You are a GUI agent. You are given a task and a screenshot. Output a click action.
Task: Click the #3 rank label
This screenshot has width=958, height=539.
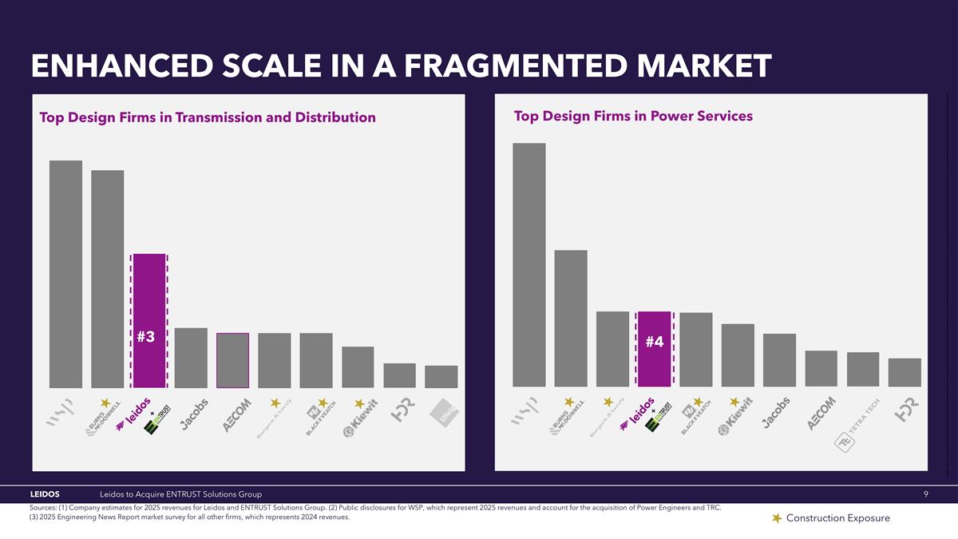coord(145,337)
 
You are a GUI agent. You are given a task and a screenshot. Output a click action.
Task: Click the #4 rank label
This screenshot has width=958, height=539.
coord(655,342)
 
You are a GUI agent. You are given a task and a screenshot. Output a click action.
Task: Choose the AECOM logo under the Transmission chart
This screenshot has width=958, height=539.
coord(237,415)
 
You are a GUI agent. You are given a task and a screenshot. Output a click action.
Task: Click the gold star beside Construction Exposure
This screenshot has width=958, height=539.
coord(776,519)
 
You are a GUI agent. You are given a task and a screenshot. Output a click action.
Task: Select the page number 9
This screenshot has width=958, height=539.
coord(925,495)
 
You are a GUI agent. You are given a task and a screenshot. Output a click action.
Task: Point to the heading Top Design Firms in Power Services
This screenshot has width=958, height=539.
coord(633,117)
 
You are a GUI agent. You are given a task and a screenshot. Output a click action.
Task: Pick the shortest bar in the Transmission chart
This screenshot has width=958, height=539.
coord(441,377)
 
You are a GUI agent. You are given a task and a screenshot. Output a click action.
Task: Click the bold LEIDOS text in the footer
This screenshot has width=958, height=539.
coord(45,495)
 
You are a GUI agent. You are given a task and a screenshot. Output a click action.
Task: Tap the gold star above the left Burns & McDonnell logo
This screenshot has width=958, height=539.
coord(104,402)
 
